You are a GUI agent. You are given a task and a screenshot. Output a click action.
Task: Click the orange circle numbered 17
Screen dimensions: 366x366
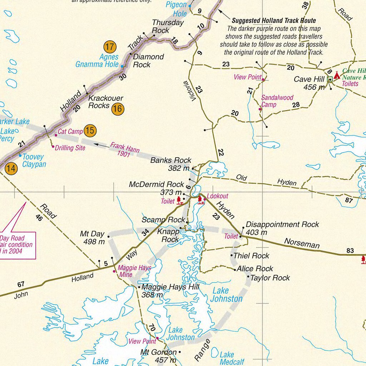coord(110,46)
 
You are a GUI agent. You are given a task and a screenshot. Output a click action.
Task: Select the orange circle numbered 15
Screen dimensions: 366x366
coord(90,131)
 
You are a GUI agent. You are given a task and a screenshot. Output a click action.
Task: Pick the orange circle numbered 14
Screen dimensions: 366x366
coord(11,168)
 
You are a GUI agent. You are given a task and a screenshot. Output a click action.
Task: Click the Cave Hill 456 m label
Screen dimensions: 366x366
coord(309,83)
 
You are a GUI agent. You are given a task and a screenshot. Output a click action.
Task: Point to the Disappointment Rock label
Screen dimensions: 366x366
coord(282,228)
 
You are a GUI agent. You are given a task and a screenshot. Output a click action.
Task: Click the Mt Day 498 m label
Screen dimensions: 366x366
coord(92,238)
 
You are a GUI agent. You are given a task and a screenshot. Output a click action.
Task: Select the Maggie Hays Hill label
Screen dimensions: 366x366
coord(170,291)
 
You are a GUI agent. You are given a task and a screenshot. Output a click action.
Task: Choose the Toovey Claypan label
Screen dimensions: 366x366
coord(34,160)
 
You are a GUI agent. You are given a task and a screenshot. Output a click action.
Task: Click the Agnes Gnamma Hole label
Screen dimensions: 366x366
coord(97,61)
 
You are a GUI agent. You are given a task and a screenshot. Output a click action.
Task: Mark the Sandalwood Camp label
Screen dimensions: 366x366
coord(277,101)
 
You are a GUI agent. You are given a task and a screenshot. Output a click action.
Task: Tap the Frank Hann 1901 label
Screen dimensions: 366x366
coord(125,149)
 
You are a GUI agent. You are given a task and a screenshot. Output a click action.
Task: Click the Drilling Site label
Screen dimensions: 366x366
coord(70,148)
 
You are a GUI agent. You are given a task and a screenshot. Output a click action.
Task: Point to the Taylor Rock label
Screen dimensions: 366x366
coord(270,278)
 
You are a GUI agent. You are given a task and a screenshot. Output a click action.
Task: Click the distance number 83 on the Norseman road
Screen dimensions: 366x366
coord(350,251)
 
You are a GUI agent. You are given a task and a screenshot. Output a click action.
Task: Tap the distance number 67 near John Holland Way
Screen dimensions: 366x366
coord(21,284)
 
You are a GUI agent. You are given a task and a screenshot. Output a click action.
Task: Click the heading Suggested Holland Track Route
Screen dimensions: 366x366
coord(274,21)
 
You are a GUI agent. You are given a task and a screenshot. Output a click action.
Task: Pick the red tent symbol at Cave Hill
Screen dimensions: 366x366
coord(337,76)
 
